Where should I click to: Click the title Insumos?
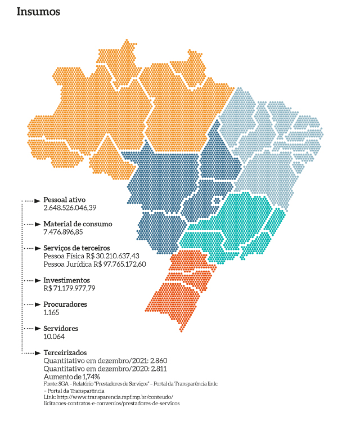[38, 11]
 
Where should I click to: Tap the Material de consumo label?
[78, 223]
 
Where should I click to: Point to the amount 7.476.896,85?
[63, 231]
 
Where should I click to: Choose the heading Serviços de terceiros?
[76, 248]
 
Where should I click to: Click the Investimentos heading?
[66, 280]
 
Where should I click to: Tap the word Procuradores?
[65, 304]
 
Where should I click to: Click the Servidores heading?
[60, 328]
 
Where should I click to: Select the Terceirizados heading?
[65, 352]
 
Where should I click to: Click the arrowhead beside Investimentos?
[39, 280]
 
